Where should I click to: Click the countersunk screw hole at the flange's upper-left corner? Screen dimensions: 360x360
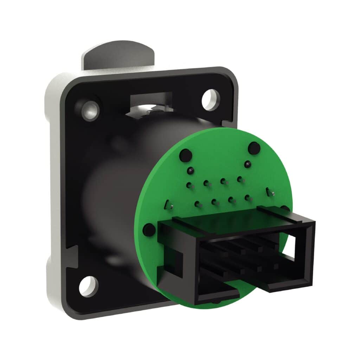pyautogui.click(x=90, y=110)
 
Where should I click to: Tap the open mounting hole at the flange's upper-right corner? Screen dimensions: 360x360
pyautogui.click(x=211, y=98)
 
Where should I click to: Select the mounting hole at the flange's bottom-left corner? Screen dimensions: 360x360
pyautogui.click(x=88, y=287)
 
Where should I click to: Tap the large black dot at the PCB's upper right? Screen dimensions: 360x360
pyautogui.click(x=253, y=148)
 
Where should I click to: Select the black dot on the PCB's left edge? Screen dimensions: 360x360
pyautogui.click(x=149, y=230)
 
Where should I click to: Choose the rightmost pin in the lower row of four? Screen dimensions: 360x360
pyautogui.click(x=249, y=198)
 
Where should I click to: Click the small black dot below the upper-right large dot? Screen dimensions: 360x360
pyautogui.click(x=247, y=164)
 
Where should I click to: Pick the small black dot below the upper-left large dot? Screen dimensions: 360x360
pyautogui.click(x=190, y=171)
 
